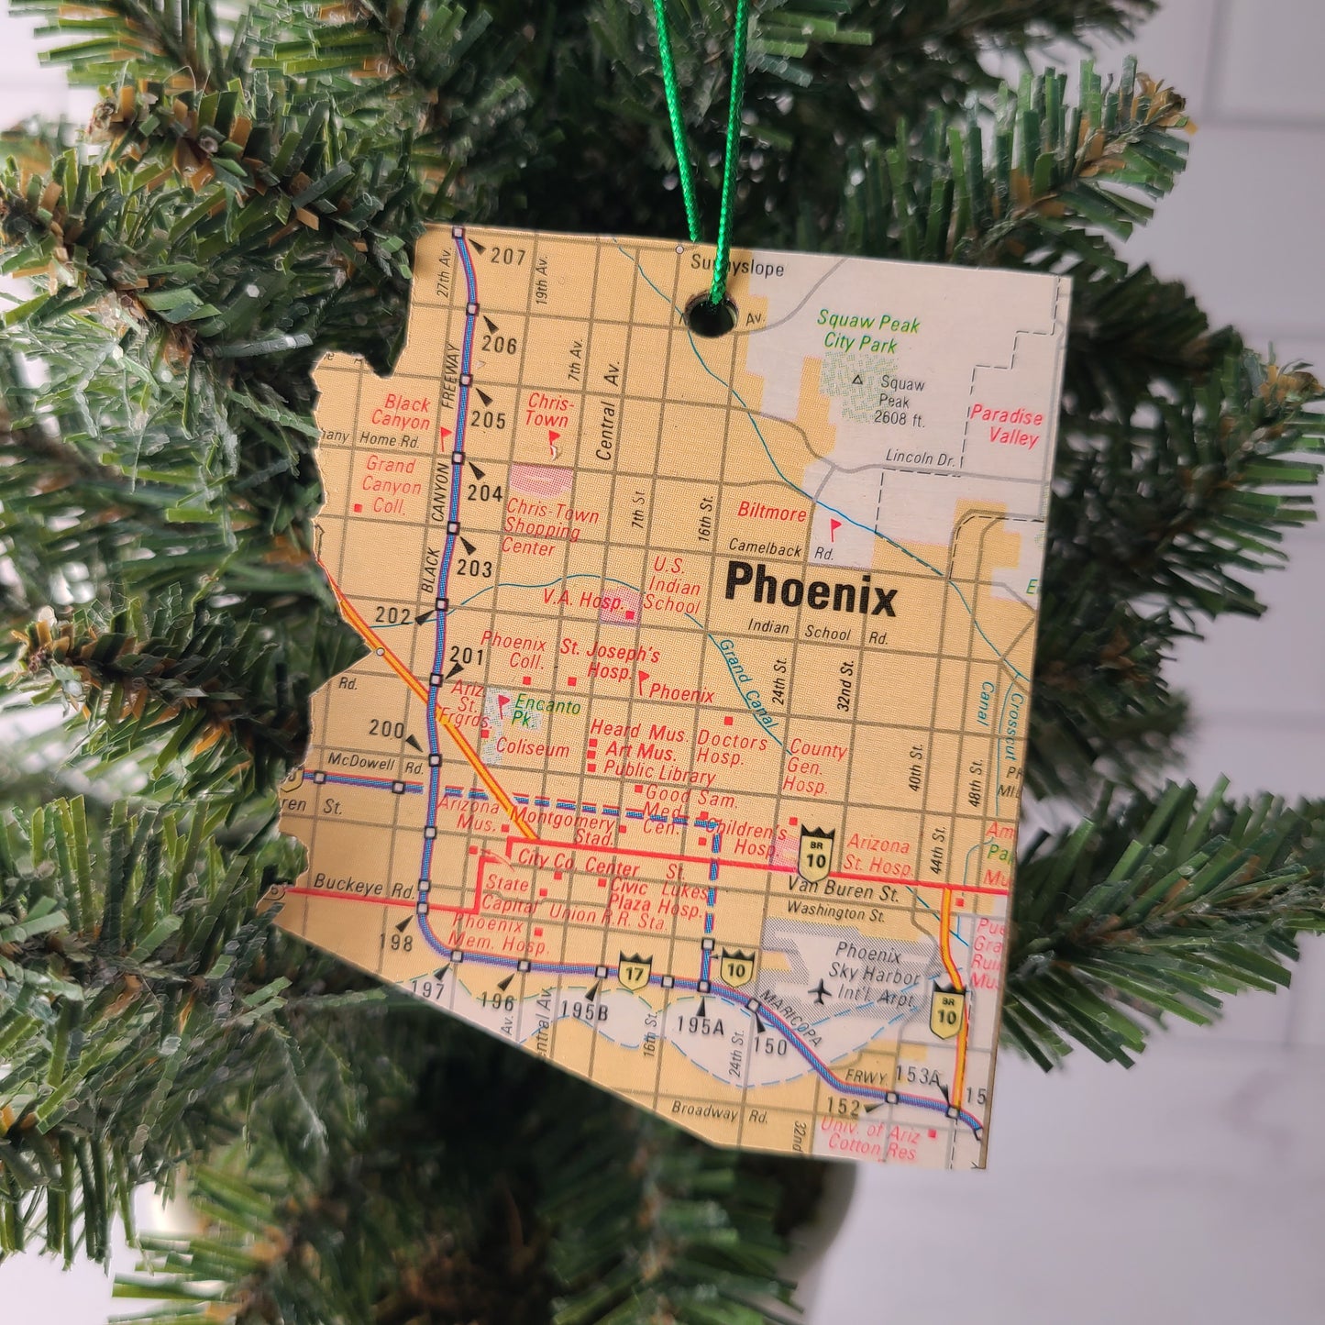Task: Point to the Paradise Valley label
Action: point(1006,425)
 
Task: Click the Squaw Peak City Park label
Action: point(867,332)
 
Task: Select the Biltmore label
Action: point(771,512)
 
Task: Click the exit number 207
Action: point(507,257)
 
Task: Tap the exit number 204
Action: point(485,493)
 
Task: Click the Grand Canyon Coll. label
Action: point(392,485)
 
